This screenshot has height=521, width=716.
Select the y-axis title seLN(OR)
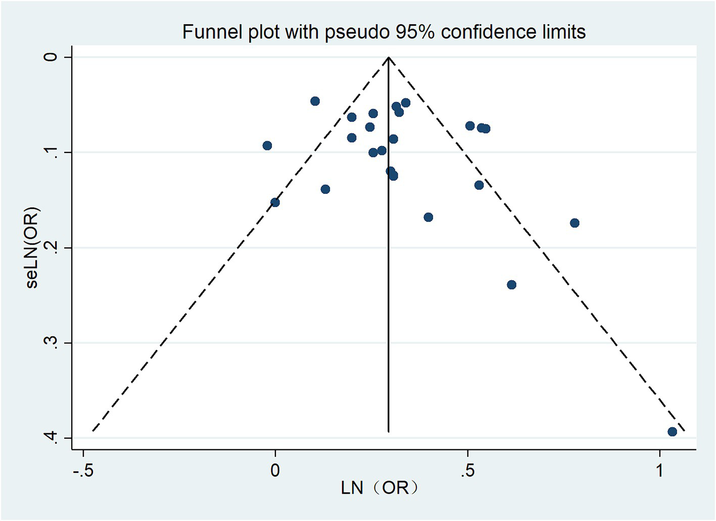(x=32, y=247)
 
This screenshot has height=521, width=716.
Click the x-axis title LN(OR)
(x=379, y=488)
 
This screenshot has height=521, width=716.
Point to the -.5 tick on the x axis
(x=83, y=471)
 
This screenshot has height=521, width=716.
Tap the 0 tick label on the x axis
(x=275, y=471)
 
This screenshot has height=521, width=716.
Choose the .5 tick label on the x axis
(x=467, y=471)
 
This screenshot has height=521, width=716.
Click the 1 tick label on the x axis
(x=660, y=471)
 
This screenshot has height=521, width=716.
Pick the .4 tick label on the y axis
(x=51, y=438)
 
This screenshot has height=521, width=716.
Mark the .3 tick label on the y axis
(x=51, y=343)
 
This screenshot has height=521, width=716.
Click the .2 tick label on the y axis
(x=51, y=247)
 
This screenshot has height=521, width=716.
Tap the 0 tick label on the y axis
(x=51, y=57)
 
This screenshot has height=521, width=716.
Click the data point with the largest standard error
(x=672, y=432)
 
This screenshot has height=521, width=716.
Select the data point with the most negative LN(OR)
(x=267, y=146)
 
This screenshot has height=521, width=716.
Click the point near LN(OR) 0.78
(x=575, y=223)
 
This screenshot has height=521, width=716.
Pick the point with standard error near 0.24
(x=511, y=285)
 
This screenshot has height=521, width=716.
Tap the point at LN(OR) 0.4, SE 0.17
(x=428, y=217)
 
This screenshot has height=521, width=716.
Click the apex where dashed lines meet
(x=388, y=58)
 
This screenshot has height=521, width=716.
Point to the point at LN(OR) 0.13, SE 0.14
(x=325, y=189)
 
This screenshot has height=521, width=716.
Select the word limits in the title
(x=562, y=32)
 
